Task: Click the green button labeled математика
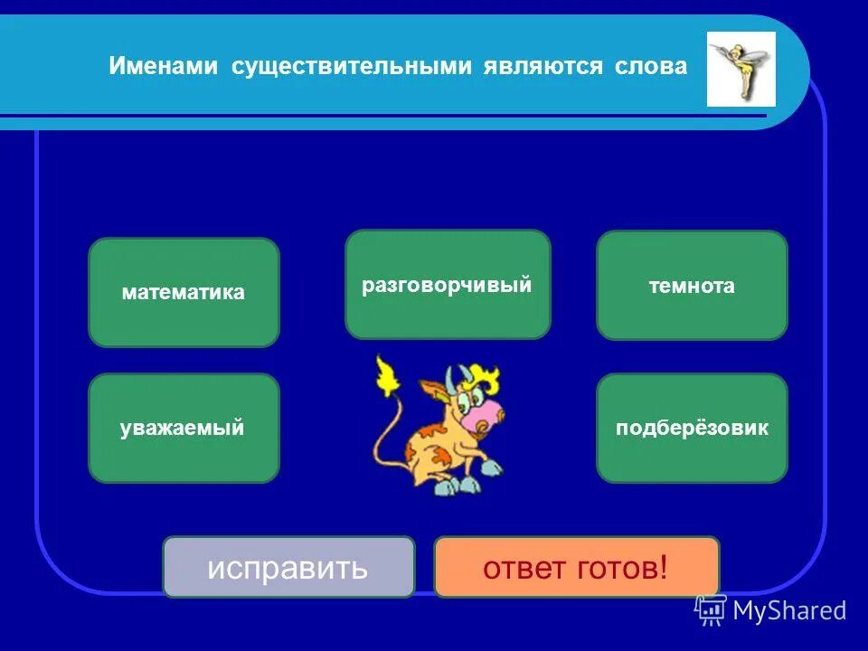point(184,292)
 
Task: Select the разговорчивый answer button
point(448,285)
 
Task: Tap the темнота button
point(692,286)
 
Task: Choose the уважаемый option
point(184,428)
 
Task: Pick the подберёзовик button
point(692,428)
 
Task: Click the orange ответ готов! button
point(576,568)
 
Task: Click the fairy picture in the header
point(741,69)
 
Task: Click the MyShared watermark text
point(790,611)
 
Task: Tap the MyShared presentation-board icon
point(711,610)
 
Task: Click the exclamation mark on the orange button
point(663,568)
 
